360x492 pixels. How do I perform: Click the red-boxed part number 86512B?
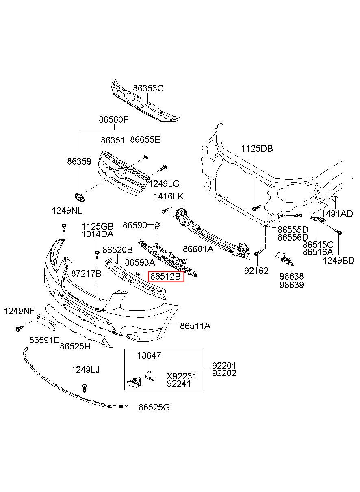(x=165, y=277)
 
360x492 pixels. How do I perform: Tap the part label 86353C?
(x=148, y=88)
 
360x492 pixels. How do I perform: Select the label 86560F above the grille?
(x=113, y=120)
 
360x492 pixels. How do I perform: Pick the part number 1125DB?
(x=256, y=149)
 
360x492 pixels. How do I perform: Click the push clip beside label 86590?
(x=155, y=225)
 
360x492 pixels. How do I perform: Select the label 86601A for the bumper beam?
(x=198, y=249)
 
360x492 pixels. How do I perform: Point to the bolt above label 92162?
(x=257, y=254)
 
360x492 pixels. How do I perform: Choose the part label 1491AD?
(x=337, y=214)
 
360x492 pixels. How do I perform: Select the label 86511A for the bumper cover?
(x=195, y=325)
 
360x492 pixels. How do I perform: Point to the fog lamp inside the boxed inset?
(x=134, y=381)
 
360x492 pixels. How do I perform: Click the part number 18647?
(x=149, y=355)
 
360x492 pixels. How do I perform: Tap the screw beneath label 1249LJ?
(x=85, y=387)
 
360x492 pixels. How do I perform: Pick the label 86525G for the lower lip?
(x=154, y=407)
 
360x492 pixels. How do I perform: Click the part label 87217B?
(x=86, y=274)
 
